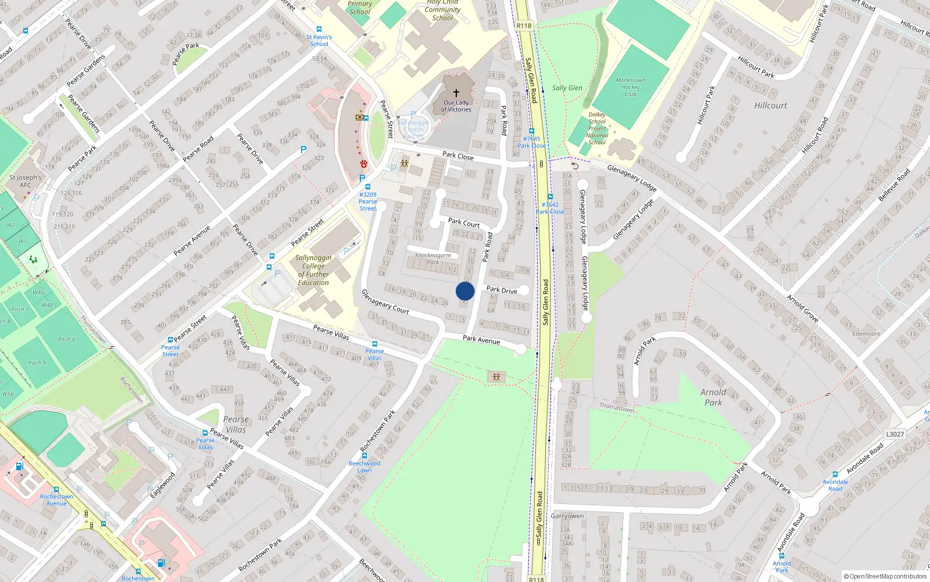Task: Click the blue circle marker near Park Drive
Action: pos(465,291)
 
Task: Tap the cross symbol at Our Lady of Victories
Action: pos(456,93)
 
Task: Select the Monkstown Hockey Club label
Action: pos(631,87)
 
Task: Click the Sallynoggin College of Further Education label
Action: pos(313,270)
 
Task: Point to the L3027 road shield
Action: pos(895,434)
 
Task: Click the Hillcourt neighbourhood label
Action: pos(771,105)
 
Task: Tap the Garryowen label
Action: pos(567,516)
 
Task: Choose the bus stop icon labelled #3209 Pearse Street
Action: pos(368,187)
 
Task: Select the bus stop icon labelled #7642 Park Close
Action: pos(550,197)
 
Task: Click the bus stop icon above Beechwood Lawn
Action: pos(364,456)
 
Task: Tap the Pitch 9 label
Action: pos(37,363)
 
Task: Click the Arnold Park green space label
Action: pos(713,397)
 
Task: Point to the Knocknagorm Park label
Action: pos(433,258)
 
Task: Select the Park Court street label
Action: pos(464,222)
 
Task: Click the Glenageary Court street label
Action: pos(385,302)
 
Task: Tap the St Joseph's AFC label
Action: pos(26,181)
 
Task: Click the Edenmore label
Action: pos(866,333)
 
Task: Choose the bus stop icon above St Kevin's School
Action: pos(319,29)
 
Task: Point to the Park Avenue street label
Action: pos(481,339)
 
